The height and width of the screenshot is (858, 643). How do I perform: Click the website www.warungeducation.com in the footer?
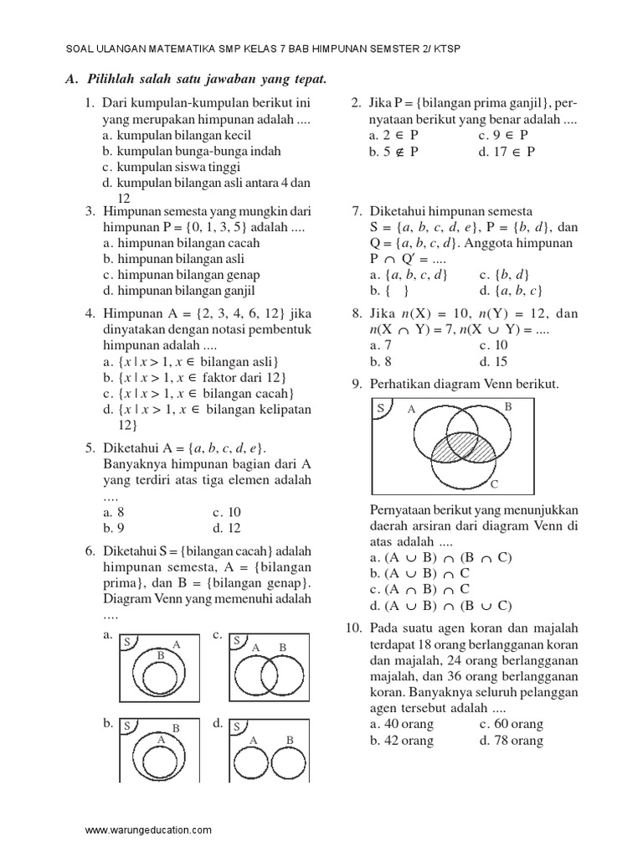(x=148, y=830)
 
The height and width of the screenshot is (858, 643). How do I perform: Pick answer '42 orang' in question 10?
(x=401, y=741)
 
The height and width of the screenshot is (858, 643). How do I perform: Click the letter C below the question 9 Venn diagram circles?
(x=494, y=484)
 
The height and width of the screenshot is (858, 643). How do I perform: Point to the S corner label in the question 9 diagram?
(x=380, y=408)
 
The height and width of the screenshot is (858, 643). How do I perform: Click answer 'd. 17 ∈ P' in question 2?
(x=507, y=152)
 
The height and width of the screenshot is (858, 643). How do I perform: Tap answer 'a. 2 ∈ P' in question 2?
(x=394, y=135)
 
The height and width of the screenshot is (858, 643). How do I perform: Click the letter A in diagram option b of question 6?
(x=161, y=741)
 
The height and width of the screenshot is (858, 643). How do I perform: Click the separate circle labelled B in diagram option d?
(x=289, y=763)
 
